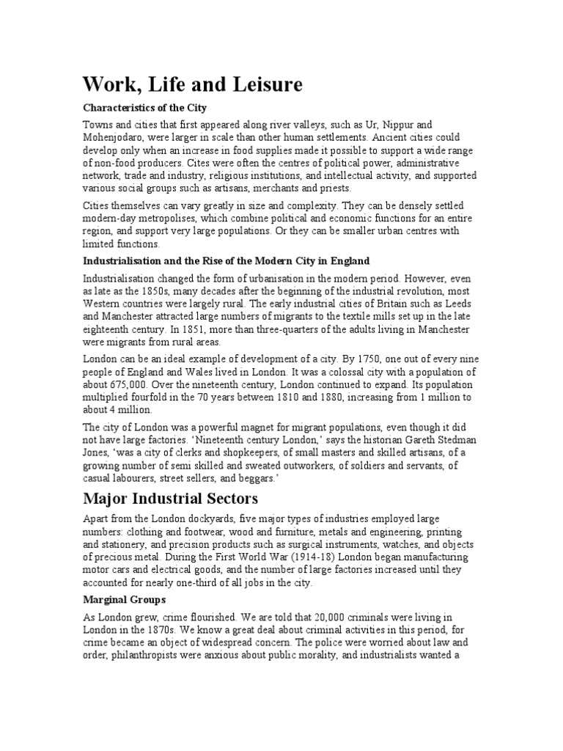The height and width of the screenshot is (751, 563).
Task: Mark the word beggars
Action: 260,477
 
